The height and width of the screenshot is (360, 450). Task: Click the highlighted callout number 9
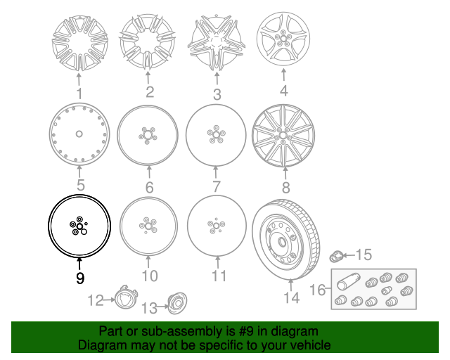[x=80, y=278]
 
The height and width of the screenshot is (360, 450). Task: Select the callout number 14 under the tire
[x=292, y=297]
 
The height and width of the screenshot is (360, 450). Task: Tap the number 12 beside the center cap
[x=96, y=300]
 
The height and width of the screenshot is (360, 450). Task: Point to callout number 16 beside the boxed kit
[x=318, y=290]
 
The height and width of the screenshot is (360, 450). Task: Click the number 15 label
[x=364, y=255]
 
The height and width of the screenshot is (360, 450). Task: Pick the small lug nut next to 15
[x=336, y=256]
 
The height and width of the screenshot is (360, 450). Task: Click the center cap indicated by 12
[x=126, y=297]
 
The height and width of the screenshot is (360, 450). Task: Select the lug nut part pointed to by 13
[x=176, y=303]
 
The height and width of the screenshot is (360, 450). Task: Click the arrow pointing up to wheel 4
[x=283, y=75]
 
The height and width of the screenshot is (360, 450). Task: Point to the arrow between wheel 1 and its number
[x=79, y=79]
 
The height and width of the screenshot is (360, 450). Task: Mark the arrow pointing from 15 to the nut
[x=349, y=255]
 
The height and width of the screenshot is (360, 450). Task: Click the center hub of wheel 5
[x=79, y=134]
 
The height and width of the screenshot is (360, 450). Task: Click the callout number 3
[x=217, y=94]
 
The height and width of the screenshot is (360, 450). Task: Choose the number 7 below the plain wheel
[x=217, y=186]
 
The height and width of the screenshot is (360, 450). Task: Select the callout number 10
[x=150, y=276]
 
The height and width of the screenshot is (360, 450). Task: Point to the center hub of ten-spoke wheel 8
[x=283, y=135]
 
